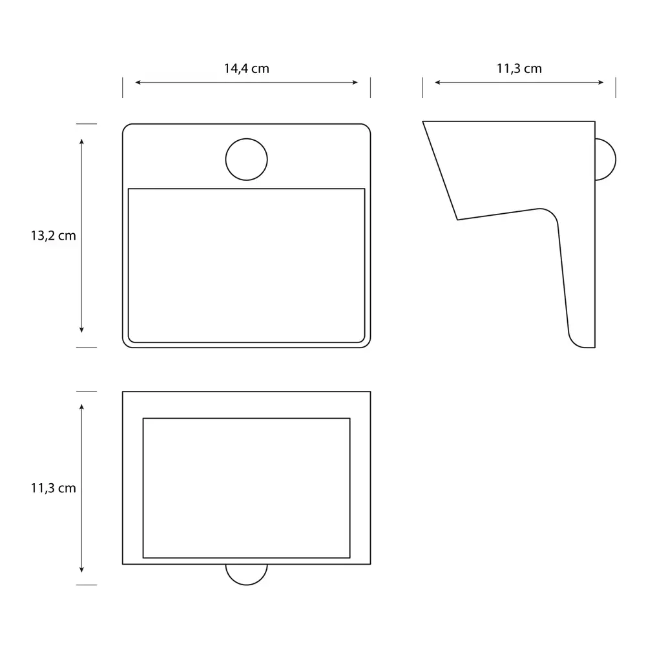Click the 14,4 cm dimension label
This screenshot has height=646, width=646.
246,68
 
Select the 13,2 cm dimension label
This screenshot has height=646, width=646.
53,236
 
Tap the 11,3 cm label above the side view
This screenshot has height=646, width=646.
519,68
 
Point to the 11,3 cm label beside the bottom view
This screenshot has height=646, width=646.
53,488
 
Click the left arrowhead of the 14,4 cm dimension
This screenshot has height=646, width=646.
138,83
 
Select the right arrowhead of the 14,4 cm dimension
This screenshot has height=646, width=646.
355,83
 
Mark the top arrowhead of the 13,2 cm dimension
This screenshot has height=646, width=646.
81,141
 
